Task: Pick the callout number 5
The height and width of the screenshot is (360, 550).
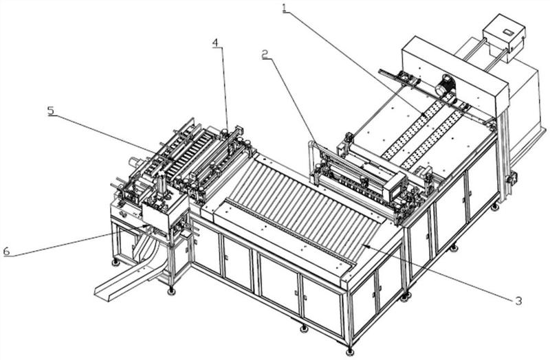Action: pos(52,110)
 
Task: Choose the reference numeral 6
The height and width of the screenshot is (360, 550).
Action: pos(6,251)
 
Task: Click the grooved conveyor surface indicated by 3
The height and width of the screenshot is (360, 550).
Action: pos(302,199)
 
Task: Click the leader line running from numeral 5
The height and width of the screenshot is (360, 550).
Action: pos(103,130)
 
